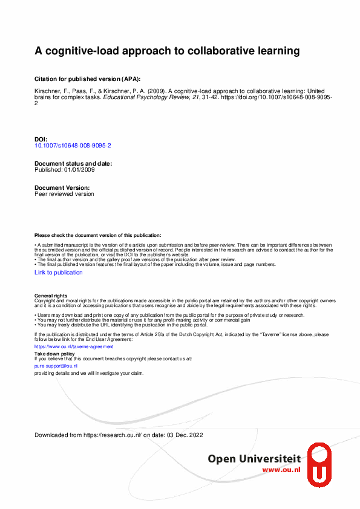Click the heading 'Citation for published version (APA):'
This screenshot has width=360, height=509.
[x=87, y=79]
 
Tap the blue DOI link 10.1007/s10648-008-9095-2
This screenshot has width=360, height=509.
[x=73, y=146]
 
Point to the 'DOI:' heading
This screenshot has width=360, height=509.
[x=41, y=140]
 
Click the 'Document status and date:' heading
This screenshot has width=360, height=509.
[x=73, y=164]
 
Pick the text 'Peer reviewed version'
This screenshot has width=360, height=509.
[x=64, y=194]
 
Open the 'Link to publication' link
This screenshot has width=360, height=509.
[x=59, y=273]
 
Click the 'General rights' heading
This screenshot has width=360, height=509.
[x=51, y=296]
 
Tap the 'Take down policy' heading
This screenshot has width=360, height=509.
[x=54, y=354]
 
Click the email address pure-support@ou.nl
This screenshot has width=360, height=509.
[x=56, y=366]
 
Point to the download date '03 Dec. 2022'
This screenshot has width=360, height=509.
[x=186, y=435]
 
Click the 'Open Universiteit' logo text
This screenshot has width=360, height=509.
[x=255, y=459]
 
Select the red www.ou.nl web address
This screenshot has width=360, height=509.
[x=282, y=470]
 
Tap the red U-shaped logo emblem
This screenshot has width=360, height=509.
[x=319, y=465]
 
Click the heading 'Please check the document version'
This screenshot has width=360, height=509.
[x=98, y=235]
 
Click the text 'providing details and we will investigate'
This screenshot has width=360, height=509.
[x=89, y=373]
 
